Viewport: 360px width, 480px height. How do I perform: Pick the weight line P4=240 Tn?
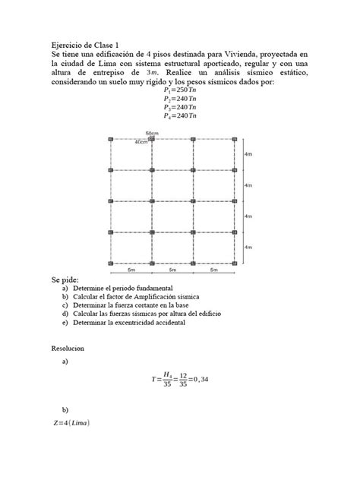180,116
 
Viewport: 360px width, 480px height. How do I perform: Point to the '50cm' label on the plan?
152,134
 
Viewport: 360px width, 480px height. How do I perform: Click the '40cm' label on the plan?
141,142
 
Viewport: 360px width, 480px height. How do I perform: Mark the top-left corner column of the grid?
111,140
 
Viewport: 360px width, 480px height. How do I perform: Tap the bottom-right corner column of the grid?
235,263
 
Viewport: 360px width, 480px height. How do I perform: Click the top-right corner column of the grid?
235,140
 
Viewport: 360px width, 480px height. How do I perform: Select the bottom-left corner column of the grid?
111,263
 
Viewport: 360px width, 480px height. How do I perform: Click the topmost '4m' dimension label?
248,154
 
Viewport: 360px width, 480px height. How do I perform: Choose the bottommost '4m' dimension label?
248,247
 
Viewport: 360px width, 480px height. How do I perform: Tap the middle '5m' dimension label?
172,270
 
